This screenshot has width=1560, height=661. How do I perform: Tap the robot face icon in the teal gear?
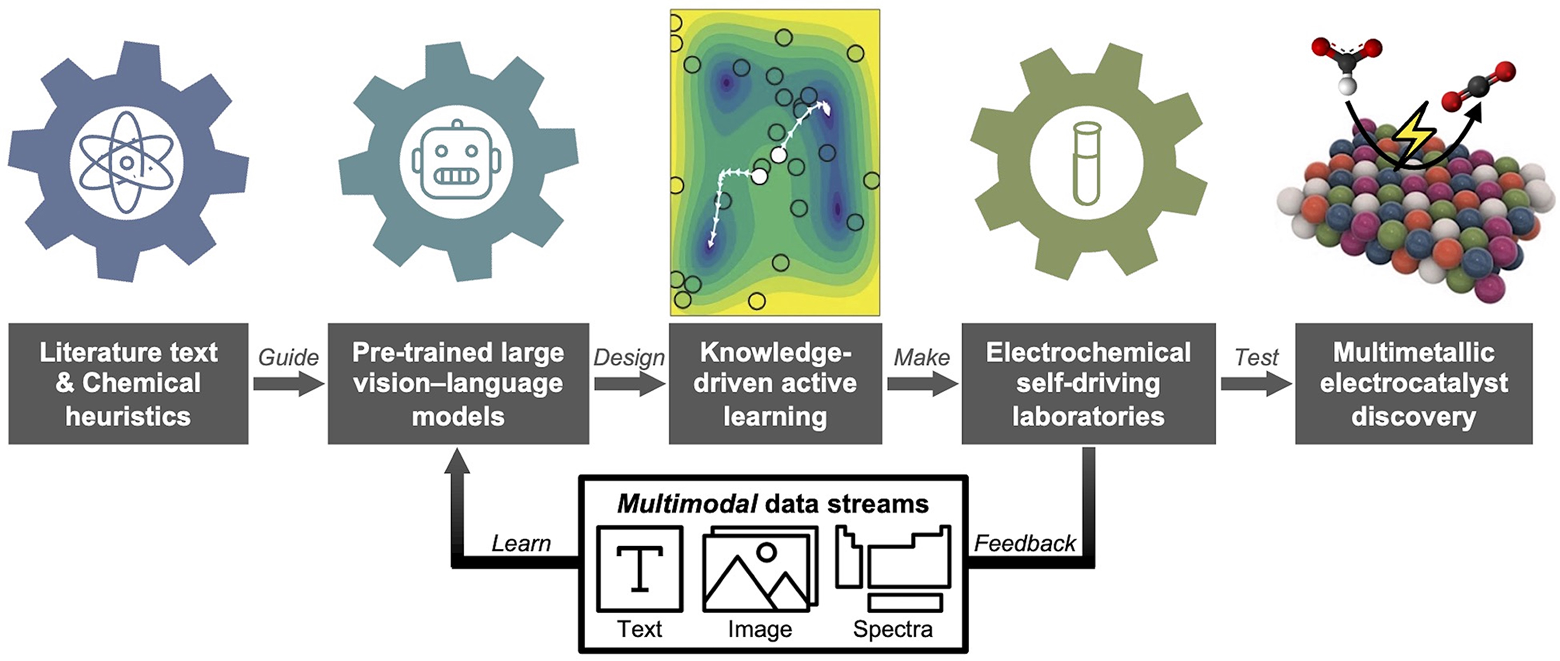[x=456, y=162]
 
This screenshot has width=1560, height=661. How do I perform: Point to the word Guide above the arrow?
[x=288, y=358]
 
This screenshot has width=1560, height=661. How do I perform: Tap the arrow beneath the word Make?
[x=922, y=384]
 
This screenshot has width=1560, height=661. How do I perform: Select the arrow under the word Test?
[x=1256, y=384]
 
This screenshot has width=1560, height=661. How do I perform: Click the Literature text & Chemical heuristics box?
[x=129, y=384]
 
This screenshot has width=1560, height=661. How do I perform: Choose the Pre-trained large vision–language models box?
[x=458, y=384]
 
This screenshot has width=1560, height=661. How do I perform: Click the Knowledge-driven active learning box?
[x=775, y=384]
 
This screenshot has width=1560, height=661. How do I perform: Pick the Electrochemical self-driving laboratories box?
[x=1088, y=384]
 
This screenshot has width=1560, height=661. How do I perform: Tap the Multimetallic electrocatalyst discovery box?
[x=1414, y=384]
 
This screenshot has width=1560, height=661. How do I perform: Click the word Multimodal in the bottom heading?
[x=687, y=504]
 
